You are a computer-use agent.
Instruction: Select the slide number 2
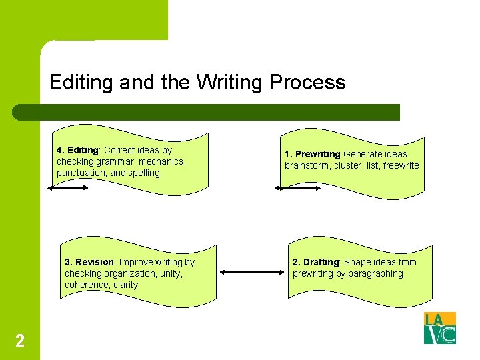coord(20,341)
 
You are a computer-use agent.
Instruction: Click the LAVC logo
coord(440,328)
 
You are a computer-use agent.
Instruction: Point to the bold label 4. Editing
coord(77,150)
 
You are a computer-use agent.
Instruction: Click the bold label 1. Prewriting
coord(313,154)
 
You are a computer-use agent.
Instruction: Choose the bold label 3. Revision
coord(90,262)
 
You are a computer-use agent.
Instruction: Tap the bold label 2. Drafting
coord(317,262)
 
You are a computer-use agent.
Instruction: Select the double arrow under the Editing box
coord(68,188)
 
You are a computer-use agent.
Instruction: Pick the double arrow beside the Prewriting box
coord(297,188)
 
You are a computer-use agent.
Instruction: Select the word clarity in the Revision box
coord(125,285)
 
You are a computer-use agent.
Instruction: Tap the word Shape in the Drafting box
coord(357,262)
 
